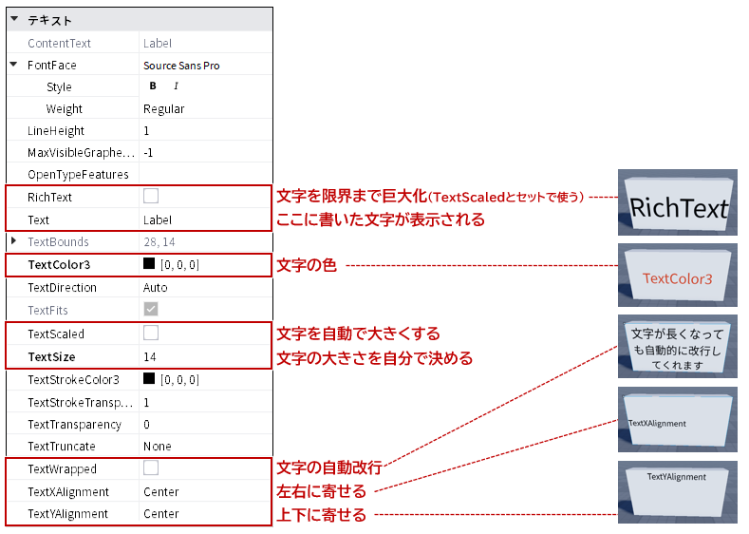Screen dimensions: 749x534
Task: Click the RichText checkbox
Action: (x=151, y=196)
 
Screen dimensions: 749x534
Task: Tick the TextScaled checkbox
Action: (x=151, y=333)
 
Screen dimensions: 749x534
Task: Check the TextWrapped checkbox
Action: (x=151, y=467)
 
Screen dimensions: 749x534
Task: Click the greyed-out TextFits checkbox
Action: (x=151, y=310)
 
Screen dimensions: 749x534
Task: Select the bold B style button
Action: (x=153, y=86)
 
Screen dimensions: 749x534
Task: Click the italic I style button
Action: (x=176, y=86)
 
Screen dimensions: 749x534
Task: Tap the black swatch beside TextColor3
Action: (x=149, y=263)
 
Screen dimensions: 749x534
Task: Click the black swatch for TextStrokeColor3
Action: (x=149, y=378)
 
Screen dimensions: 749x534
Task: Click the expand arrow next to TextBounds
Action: (x=14, y=241)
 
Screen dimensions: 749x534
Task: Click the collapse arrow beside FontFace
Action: (x=14, y=64)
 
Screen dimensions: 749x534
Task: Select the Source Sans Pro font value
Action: (x=181, y=66)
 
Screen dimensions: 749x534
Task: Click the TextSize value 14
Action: (x=149, y=357)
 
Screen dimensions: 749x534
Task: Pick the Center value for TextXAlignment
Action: (x=161, y=492)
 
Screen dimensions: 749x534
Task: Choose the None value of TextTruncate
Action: (x=158, y=447)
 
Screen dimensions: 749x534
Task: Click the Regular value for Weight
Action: (x=164, y=109)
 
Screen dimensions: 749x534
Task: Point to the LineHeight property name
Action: (x=56, y=131)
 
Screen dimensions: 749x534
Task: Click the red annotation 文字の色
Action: (x=307, y=265)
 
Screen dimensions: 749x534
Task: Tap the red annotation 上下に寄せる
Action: (x=322, y=515)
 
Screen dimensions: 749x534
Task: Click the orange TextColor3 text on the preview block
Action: (x=678, y=278)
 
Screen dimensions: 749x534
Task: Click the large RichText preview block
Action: (x=678, y=202)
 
